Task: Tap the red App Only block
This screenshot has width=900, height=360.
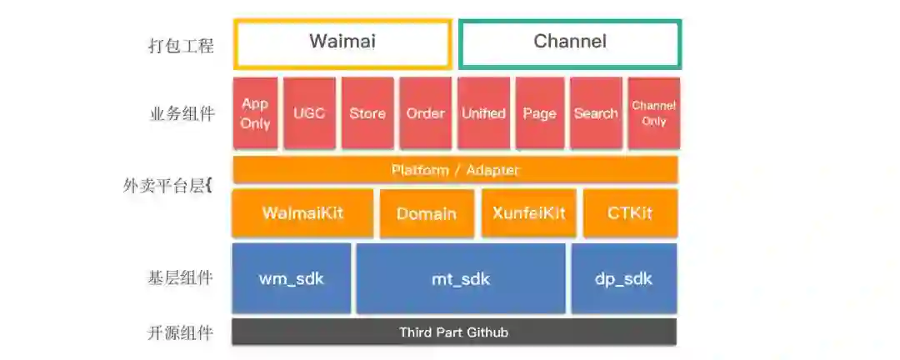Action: (255, 113)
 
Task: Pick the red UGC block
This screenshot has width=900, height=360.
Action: (309, 113)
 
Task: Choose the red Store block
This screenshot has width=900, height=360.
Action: (367, 113)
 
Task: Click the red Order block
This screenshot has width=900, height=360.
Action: (425, 113)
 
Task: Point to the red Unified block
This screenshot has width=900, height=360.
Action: (483, 113)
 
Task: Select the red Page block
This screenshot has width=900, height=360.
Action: (539, 113)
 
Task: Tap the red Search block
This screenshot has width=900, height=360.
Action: (596, 113)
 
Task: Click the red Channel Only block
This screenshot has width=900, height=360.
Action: (653, 113)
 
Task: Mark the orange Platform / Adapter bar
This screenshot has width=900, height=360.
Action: (455, 170)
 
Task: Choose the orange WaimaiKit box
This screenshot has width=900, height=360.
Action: (302, 213)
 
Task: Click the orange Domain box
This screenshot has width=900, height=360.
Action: (427, 214)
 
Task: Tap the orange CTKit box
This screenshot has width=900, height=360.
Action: (630, 213)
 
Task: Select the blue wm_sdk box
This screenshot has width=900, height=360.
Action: (292, 278)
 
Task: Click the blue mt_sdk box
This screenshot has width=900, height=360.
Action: (461, 278)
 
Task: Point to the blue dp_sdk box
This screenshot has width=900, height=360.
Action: (624, 278)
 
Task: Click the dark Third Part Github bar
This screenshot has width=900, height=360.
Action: (454, 332)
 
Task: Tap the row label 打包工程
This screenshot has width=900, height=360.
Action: (181, 45)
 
